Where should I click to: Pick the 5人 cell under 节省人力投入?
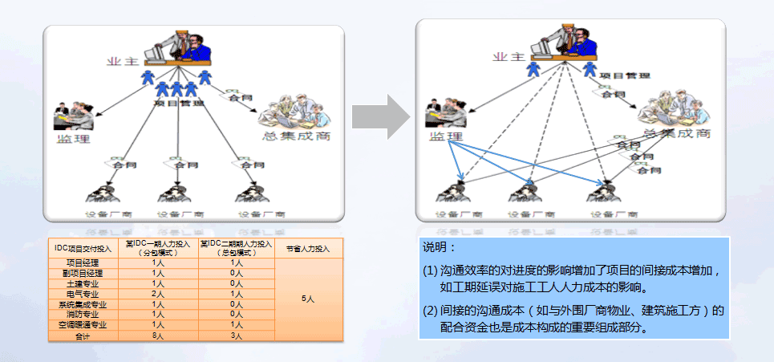pyautogui.click(x=308, y=299)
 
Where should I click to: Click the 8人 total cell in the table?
pyautogui.click(x=158, y=336)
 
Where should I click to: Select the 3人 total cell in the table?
pyautogui.click(x=237, y=336)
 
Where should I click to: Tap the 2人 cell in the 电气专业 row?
pyautogui.click(x=158, y=294)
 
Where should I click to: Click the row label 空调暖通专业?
pyautogui.click(x=81, y=325)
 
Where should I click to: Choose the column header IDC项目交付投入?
pyautogui.click(x=81, y=249)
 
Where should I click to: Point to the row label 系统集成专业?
pyautogui.click(x=81, y=304)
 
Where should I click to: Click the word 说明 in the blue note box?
pyautogui.click(x=438, y=248)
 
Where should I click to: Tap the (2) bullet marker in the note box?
pyautogui.click(x=430, y=310)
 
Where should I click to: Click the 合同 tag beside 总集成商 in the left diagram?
pyautogui.click(x=235, y=98)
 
